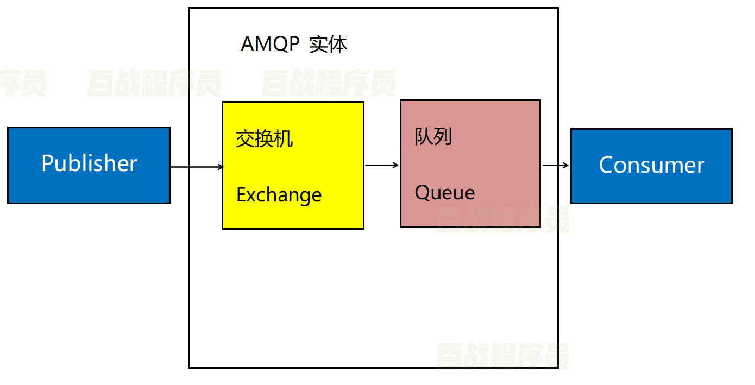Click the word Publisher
(x=89, y=163)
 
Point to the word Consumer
(x=651, y=165)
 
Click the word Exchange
(x=279, y=195)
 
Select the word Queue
(x=444, y=193)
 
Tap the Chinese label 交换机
(x=264, y=139)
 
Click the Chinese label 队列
(x=433, y=137)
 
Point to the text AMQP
(x=270, y=44)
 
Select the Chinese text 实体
(x=328, y=44)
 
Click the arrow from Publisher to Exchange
(x=196, y=167)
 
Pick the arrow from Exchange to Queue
(x=381, y=165)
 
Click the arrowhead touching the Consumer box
(x=567, y=165)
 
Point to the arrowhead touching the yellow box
(x=220, y=167)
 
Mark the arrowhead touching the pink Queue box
(x=397, y=165)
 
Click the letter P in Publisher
(x=47, y=163)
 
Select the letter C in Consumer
(x=605, y=165)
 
